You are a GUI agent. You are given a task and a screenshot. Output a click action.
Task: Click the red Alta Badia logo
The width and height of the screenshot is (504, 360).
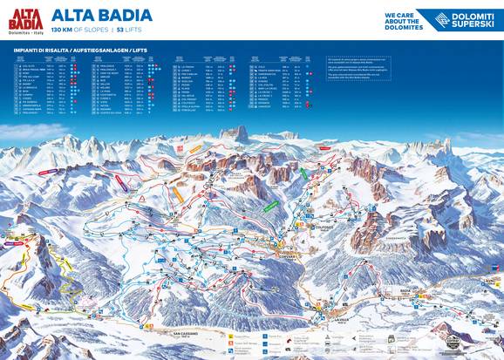[x=25, y=18]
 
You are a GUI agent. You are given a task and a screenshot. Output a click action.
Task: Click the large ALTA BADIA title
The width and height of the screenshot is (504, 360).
[x=101, y=15]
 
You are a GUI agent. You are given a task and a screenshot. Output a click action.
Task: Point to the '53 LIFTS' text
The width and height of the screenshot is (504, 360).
[x=126, y=30]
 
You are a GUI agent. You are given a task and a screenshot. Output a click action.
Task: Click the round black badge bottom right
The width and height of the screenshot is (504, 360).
[x=451, y=340]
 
